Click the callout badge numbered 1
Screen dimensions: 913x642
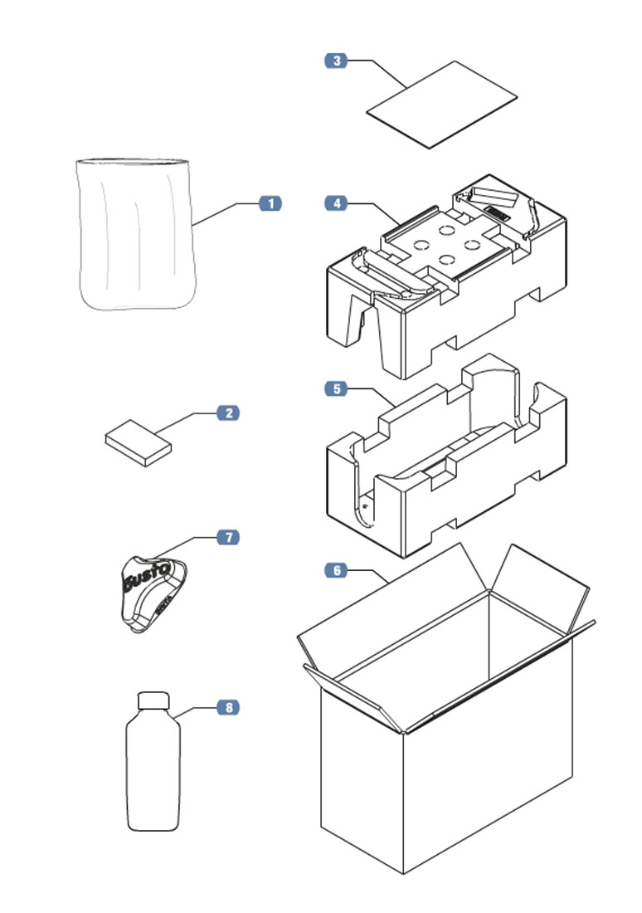tap(270, 203)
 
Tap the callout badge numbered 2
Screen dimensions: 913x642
tap(228, 413)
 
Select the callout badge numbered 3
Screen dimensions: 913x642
tap(335, 61)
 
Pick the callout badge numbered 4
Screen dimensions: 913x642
tap(335, 203)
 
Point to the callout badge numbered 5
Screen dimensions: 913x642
tap(335, 388)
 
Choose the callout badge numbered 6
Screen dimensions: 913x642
tap(335, 570)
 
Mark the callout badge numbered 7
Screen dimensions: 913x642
tap(228, 538)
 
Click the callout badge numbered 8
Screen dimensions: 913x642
tap(228, 707)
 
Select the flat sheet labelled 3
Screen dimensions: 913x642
tap(442, 104)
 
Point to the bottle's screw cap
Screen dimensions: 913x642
tap(153, 701)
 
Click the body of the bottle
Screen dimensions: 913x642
tap(153, 772)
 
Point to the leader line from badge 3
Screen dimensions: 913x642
tap(386, 73)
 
